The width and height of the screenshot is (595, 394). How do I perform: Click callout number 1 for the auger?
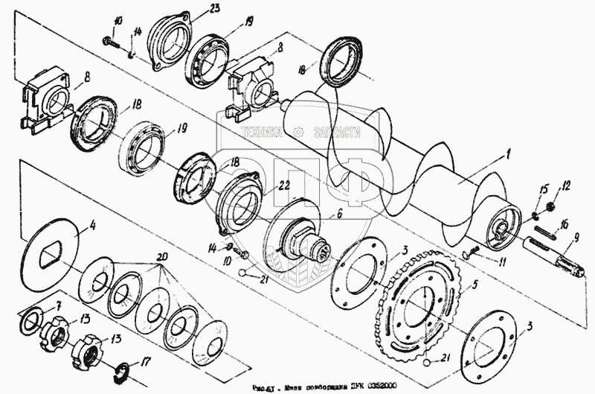[x=507, y=154]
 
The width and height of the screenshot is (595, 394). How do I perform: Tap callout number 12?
[x=566, y=185]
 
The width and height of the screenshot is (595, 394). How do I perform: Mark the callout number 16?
[x=565, y=223]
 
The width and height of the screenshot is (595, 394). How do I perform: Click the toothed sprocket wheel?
[x=419, y=306]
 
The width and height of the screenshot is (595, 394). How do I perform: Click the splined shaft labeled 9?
[x=557, y=257]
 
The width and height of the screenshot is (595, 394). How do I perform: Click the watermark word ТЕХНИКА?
[x=260, y=132]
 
